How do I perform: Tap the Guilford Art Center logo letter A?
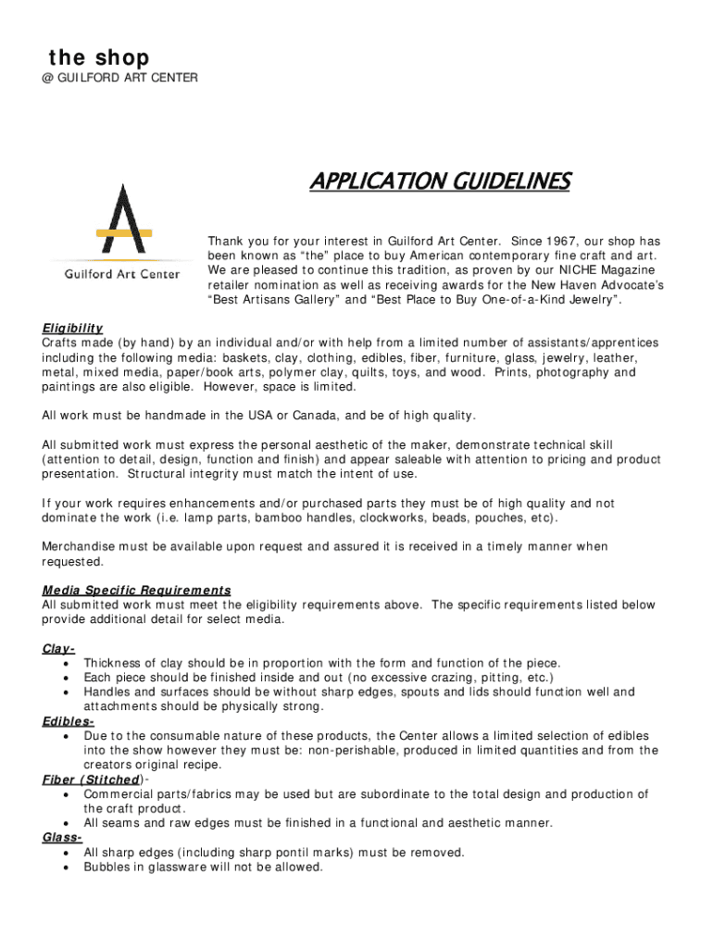click(121, 219)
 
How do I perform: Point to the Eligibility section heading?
click(72, 329)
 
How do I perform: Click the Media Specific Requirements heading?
click(136, 590)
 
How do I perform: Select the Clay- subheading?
click(58, 648)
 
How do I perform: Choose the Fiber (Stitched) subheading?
click(92, 780)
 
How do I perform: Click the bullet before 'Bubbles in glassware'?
click(68, 867)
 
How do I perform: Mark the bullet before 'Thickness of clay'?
click(68, 664)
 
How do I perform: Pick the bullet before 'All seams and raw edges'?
click(68, 823)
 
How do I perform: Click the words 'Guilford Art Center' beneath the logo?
click(121, 275)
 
